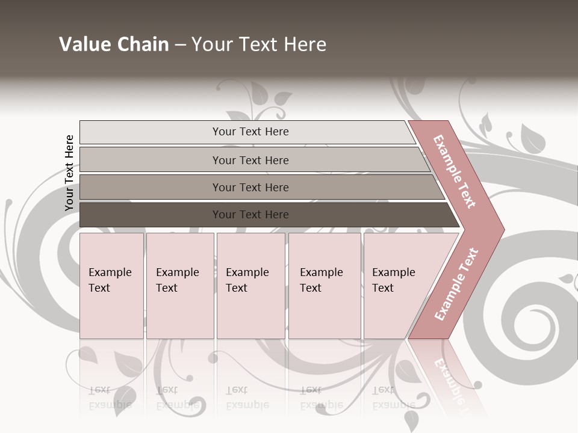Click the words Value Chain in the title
click(x=114, y=45)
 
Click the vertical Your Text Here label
click(x=69, y=173)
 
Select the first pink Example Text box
click(x=111, y=286)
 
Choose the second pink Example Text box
click(x=180, y=286)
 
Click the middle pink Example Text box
click(x=250, y=286)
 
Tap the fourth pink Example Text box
click(x=325, y=286)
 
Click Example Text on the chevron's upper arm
click(x=455, y=171)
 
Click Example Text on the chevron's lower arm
click(x=456, y=284)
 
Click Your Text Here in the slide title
click(x=259, y=45)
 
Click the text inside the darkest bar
click(x=250, y=215)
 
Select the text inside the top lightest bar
click(x=250, y=132)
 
